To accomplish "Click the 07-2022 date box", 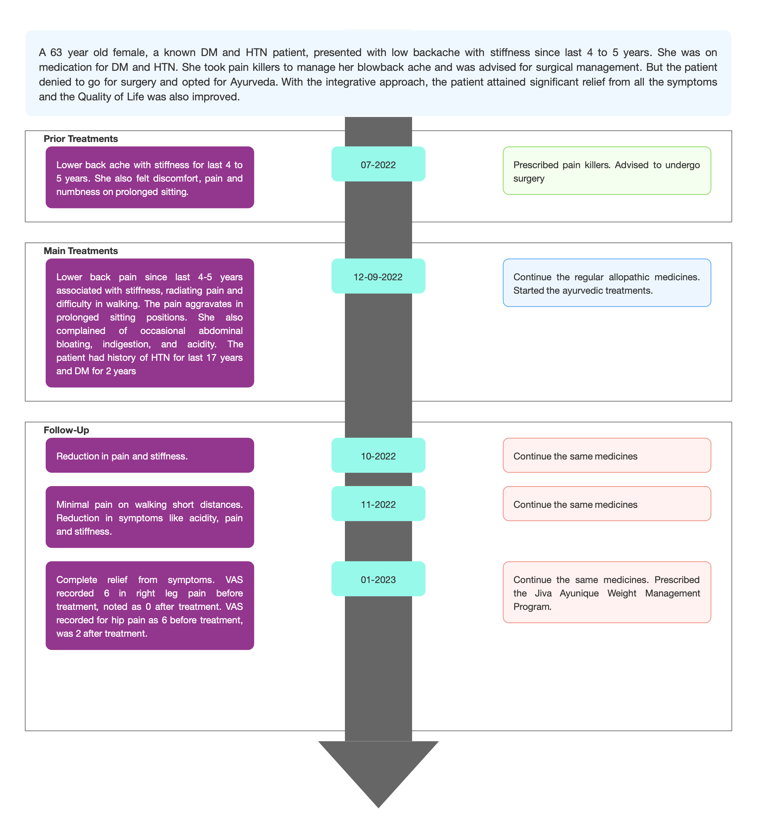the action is point(378,164).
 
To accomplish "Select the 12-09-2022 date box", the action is point(378,276).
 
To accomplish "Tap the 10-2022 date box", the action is point(378,455).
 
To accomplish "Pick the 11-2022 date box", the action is point(378,503).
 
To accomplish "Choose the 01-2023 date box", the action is point(378,579).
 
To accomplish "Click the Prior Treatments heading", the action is point(81,139).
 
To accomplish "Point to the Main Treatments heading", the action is point(81,251).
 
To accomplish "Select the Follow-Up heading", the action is point(66,430).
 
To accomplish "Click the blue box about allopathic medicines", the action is point(607,283).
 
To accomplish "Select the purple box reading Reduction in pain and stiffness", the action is point(150,455).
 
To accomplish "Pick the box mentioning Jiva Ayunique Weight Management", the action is point(607,592).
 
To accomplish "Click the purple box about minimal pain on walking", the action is point(150,517).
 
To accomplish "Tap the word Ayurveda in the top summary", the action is point(253,82).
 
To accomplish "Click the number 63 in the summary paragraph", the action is point(56,52).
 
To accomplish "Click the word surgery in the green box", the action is point(529,179).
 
